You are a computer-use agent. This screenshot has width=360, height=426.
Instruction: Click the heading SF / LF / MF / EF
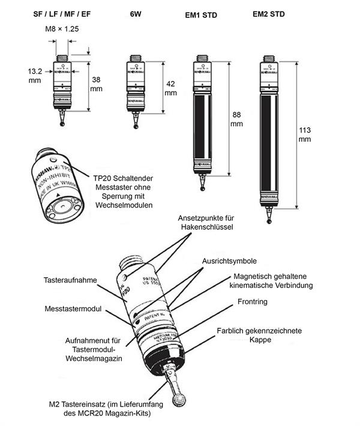point(62,13)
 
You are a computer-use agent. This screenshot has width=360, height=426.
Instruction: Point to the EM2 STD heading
point(274,13)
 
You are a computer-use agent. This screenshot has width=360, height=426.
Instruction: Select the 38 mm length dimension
point(97,83)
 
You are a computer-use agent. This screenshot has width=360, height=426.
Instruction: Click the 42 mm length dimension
point(170,88)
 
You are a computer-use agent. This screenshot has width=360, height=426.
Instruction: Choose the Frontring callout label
point(252,302)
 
